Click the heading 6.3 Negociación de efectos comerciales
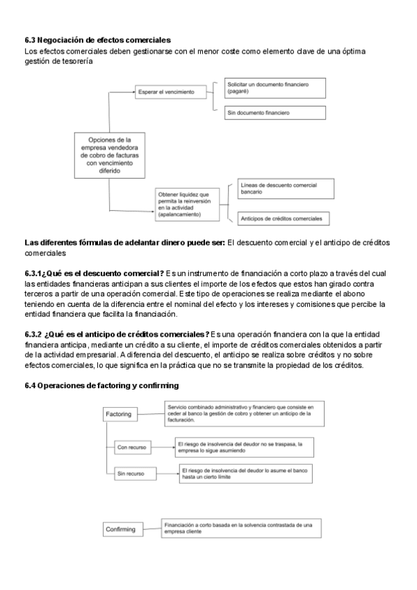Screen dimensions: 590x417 pyautogui.click(x=97, y=40)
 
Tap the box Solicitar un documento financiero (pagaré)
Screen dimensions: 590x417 pyautogui.click(x=275, y=87)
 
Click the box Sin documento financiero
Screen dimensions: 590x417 pyautogui.click(x=275, y=113)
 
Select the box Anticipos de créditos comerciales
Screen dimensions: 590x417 pyautogui.click(x=283, y=219)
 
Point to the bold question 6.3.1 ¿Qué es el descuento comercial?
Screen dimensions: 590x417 pyautogui.click(x=94, y=271)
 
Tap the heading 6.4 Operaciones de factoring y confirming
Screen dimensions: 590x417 pyautogui.click(x=101, y=385)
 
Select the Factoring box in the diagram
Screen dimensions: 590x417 pyautogui.click(x=118, y=415)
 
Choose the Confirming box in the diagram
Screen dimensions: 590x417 pyautogui.click(x=120, y=529)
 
